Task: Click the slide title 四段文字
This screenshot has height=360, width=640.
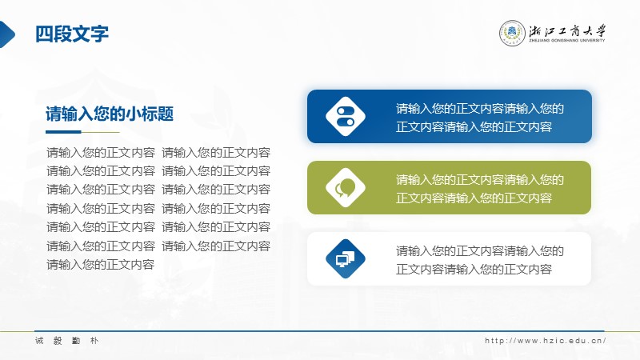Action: click(x=72, y=34)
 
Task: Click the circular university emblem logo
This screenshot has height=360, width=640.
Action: click(x=512, y=33)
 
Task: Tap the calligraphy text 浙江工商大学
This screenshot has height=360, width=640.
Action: click(x=567, y=31)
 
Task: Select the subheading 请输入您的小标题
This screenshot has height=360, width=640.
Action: click(x=110, y=114)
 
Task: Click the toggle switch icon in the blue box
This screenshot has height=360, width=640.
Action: click(x=346, y=116)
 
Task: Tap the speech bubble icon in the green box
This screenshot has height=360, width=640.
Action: click(x=346, y=187)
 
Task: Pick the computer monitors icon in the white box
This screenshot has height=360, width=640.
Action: click(x=346, y=258)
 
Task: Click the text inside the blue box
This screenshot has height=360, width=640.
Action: click(x=479, y=118)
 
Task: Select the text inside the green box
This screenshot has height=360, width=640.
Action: click(x=479, y=189)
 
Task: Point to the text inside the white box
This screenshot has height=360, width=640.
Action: click(x=479, y=260)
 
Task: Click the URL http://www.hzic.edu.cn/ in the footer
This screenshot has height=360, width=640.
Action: click(x=546, y=341)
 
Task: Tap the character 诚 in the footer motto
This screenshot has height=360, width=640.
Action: click(x=39, y=341)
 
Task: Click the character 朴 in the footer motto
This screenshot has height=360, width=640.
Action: click(x=94, y=341)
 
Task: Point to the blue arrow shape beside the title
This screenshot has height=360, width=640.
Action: click(x=7, y=34)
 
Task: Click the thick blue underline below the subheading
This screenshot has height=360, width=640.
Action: click(x=63, y=132)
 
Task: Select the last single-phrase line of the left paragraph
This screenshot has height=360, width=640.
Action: click(x=101, y=265)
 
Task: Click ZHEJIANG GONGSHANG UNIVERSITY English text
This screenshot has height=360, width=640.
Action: click(x=567, y=41)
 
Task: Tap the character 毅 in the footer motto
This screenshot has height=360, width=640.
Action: click(x=58, y=341)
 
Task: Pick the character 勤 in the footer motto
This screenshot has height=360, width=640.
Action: click(x=76, y=341)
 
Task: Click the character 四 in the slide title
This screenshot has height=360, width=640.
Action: click(x=44, y=34)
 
